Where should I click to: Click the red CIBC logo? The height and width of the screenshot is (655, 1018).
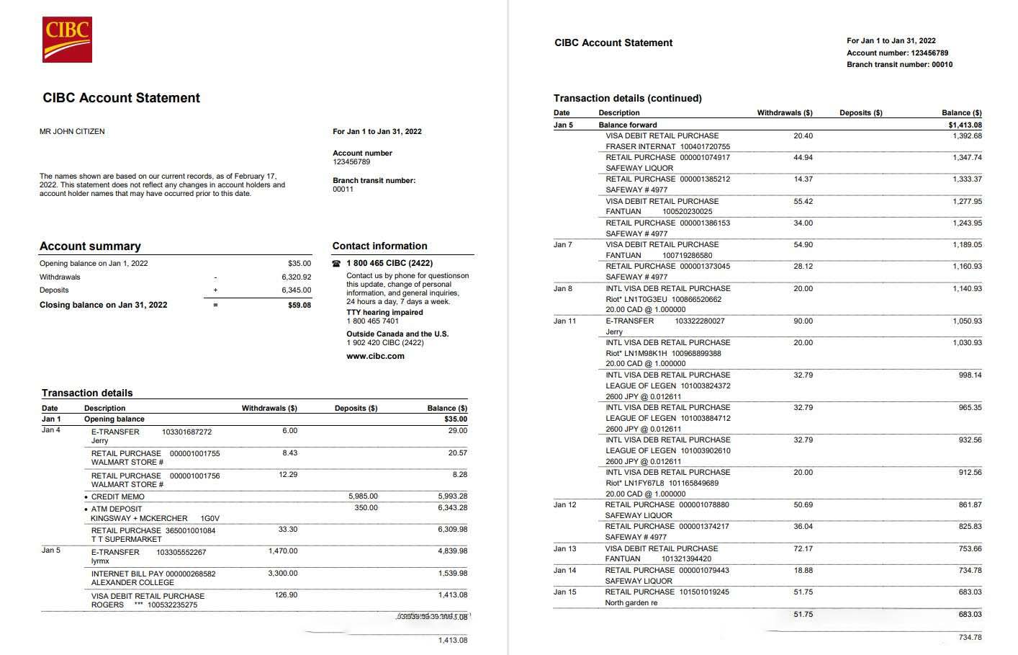pos(67,40)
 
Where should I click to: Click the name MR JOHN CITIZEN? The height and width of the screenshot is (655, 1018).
pos(72,131)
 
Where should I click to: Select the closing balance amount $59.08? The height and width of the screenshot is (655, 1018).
pos(299,306)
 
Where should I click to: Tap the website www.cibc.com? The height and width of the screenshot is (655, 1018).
pos(375,356)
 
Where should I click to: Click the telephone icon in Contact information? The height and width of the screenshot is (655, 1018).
pos(336,264)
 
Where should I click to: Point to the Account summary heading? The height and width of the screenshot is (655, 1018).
pos(90,246)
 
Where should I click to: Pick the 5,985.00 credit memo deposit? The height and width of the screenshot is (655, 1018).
pos(363,496)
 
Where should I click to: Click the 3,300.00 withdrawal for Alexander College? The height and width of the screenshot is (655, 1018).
pos(283,574)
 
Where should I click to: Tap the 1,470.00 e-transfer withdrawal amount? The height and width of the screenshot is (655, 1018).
pos(283,551)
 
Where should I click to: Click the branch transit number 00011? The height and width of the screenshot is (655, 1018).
pos(343,190)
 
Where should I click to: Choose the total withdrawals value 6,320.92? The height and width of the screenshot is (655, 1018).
pos(297,277)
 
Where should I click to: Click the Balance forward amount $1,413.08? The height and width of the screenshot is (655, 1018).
pos(965,125)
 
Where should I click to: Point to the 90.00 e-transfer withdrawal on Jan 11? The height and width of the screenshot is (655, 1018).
pos(803,321)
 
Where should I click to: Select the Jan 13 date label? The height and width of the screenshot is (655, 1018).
pos(564,549)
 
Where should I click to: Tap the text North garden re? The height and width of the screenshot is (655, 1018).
pos(631,602)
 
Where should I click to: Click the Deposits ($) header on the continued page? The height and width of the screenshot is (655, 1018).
pos(860,113)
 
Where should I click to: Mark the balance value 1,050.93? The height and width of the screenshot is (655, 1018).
pos(967,321)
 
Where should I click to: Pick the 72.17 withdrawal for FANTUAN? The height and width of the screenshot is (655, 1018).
pos(803,549)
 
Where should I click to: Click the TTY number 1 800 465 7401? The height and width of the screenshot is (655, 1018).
pos(372,321)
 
